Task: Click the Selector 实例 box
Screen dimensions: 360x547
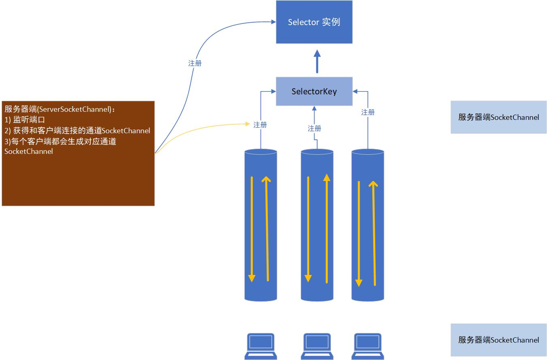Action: tap(314, 22)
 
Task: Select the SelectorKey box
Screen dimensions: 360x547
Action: tap(314, 92)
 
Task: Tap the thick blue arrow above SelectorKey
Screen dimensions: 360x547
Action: tap(317, 61)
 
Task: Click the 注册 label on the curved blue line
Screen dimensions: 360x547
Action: tap(195, 63)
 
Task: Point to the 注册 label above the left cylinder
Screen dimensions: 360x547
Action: tap(260, 125)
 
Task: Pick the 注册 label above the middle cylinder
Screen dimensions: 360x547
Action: tap(314, 128)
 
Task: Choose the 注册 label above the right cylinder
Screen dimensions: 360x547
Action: tap(368, 112)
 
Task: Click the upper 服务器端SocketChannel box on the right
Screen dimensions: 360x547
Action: tap(498, 117)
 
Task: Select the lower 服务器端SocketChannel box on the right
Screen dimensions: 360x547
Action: tap(498, 340)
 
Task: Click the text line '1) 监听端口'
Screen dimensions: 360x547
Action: tap(25, 120)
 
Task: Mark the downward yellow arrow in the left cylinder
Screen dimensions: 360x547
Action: tap(252, 229)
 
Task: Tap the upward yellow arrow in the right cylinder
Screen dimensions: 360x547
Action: tap(373, 233)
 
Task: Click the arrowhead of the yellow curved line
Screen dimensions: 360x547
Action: tap(248, 124)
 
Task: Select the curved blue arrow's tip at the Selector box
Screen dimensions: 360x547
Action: tap(273, 22)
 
